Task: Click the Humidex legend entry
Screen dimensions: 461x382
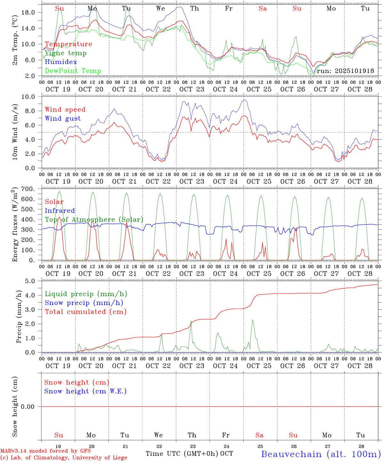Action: [61, 62]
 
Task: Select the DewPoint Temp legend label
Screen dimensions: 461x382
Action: [73, 71]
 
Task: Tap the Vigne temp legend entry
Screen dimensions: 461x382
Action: [66, 53]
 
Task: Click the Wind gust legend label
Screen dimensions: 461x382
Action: [63, 118]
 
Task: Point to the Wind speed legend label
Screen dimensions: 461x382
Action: [65, 109]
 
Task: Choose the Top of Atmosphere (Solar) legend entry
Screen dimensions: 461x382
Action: [94, 220]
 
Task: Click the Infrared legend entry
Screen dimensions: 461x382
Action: [60, 211]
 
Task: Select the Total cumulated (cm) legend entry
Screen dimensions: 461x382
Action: [85, 312]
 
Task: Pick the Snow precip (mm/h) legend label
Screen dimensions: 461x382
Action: [84, 303]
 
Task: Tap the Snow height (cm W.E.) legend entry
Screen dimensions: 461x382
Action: [85, 391]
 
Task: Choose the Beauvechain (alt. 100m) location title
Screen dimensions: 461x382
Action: [321, 454]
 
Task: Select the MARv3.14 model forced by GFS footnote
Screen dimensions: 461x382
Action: [46, 451]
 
